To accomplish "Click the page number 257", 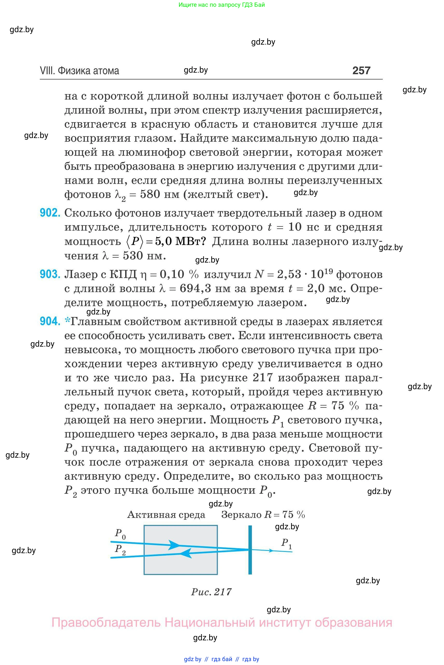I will [361, 70].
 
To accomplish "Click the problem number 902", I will [50, 212].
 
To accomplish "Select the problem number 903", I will [50, 274].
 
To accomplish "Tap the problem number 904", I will [50, 321].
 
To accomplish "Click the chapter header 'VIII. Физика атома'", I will [79, 71].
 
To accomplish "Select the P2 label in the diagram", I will [120, 549].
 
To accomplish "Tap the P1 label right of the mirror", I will [286, 543].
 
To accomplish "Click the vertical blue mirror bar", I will [250, 550].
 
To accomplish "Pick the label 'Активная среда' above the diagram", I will [166, 515].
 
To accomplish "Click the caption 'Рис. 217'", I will [211, 592].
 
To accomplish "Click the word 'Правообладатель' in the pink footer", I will [105, 623].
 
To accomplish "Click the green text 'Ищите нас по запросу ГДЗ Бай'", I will [222, 5].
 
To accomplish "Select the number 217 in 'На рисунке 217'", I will [263, 378].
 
